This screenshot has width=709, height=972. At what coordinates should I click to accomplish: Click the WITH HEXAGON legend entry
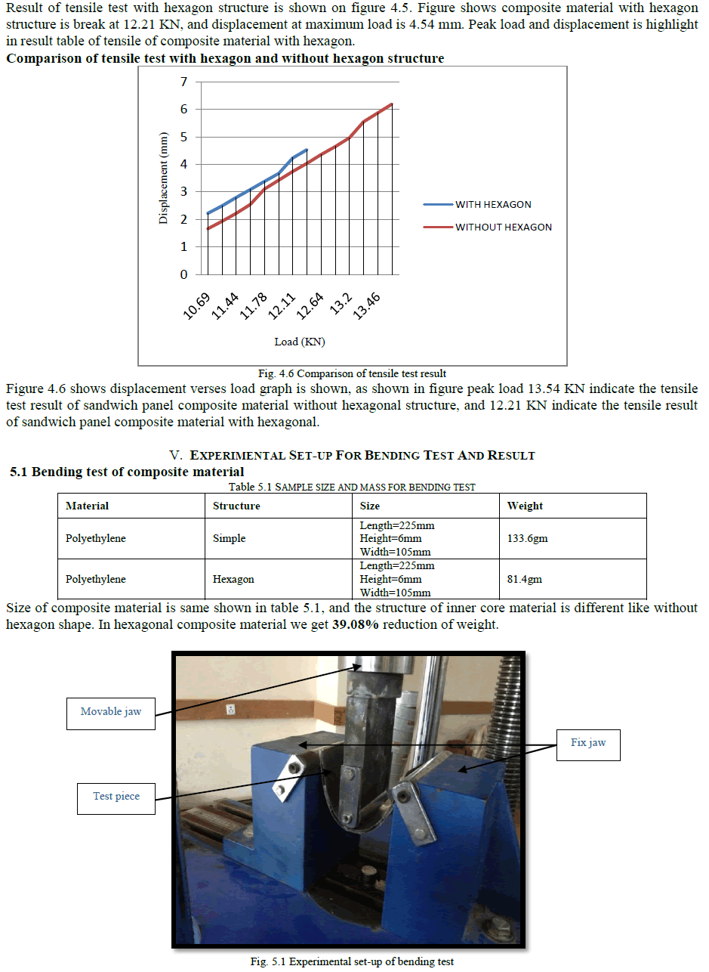click(x=504, y=204)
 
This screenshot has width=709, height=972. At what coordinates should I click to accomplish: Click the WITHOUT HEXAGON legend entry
click(x=504, y=227)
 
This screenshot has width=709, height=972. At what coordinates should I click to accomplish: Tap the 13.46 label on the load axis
click(x=367, y=305)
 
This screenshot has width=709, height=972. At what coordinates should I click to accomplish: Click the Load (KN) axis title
click(x=300, y=342)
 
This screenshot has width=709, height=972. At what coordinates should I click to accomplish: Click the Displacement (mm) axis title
click(x=163, y=178)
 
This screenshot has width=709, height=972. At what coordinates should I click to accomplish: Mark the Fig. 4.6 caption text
click(x=352, y=373)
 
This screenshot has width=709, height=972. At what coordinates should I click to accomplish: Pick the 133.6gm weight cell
click(x=525, y=539)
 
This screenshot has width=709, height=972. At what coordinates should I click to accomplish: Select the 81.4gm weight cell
click(x=524, y=580)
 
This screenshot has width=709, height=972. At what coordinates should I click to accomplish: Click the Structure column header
click(x=236, y=506)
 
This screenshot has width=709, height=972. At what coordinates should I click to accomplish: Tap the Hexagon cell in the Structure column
click(x=233, y=580)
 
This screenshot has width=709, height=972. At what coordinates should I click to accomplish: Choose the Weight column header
click(x=525, y=506)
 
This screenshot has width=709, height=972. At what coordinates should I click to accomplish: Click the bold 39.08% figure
click(x=355, y=625)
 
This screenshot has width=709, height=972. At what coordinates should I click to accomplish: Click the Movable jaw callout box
click(x=111, y=711)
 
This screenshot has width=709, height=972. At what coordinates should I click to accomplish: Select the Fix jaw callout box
click(x=588, y=743)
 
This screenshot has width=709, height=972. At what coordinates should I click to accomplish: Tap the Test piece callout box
click(x=116, y=797)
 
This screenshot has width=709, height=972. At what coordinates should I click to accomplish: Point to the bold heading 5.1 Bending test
click(x=127, y=472)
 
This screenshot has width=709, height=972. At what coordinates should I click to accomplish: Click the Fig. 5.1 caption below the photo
click(x=353, y=961)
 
